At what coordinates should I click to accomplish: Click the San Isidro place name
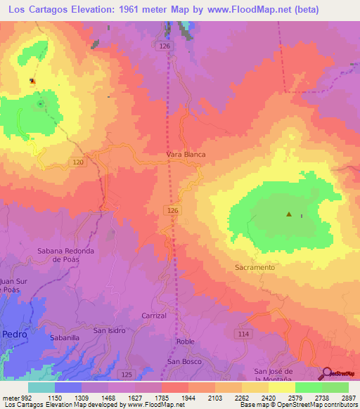tap(109, 330)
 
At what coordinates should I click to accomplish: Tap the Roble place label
tap(186, 342)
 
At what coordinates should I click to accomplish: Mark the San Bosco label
tap(184, 361)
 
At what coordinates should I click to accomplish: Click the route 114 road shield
tap(243, 334)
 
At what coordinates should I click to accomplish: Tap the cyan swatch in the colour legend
tap(41, 387)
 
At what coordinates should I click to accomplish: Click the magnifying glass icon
tap(326, 374)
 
